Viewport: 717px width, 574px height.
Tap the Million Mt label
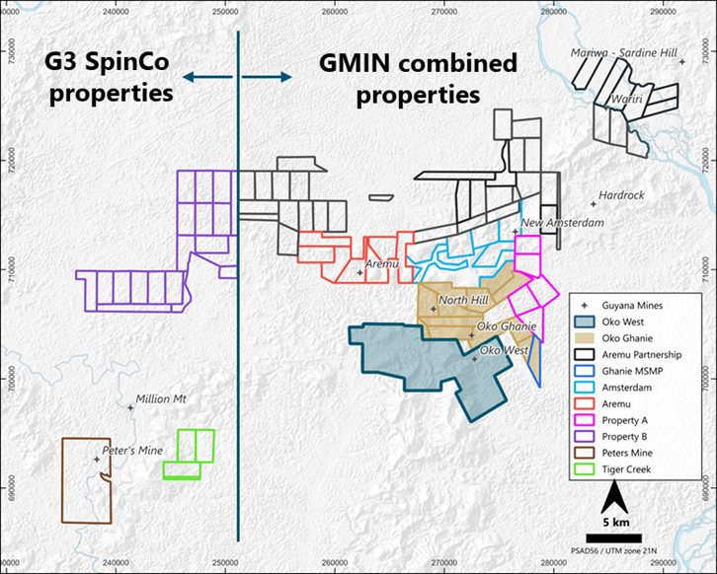pyautogui.click(x=162, y=398)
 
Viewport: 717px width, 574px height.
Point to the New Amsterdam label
pyautogui.click(x=562, y=224)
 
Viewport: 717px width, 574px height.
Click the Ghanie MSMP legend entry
pyautogui.click(x=650, y=371)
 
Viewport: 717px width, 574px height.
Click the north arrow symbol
pyautogui.click(x=612, y=494)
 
